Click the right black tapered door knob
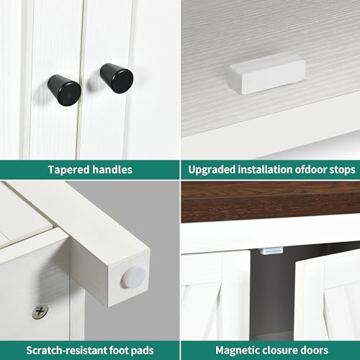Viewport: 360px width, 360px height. tap(117, 78)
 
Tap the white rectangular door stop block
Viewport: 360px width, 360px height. tap(268, 73)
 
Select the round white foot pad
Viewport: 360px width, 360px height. tap(133, 277)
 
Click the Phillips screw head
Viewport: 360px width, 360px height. tap(40, 312)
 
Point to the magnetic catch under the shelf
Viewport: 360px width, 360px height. tap(271, 251)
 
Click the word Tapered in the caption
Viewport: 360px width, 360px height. tap(69, 170)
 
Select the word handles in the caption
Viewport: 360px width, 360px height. tap(112, 169)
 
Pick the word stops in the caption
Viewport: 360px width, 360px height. tap(342, 170)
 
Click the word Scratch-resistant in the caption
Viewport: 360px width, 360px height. tap(66, 351)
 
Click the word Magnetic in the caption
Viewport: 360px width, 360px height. tap(239, 351)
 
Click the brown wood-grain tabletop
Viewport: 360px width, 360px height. tap(271, 202)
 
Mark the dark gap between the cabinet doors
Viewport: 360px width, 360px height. tap(272, 295)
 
